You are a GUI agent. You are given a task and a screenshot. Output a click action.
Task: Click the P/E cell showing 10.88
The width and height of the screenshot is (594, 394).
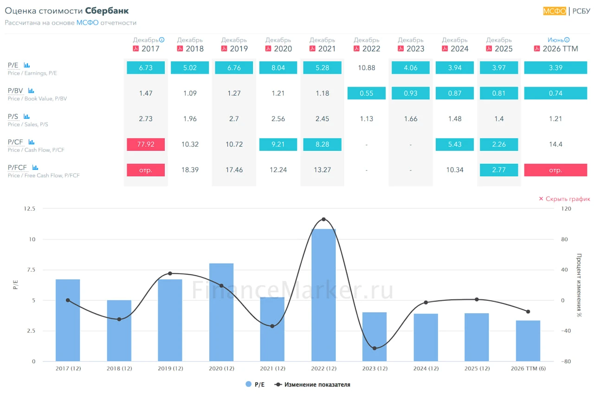(x=366, y=68)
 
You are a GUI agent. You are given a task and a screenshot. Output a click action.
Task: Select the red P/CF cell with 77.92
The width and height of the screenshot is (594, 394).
(x=146, y=144)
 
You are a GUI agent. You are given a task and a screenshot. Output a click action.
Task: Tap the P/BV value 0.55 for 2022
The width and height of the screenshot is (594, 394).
(x=366, y=93)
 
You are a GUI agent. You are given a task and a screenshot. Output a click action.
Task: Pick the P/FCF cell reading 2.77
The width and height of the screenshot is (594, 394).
(x=498, y=170)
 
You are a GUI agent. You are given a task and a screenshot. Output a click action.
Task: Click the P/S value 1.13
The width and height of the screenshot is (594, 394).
(x=366, y=119)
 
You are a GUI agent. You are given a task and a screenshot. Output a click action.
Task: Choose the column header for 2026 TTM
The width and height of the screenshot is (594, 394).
(x=560, y=49)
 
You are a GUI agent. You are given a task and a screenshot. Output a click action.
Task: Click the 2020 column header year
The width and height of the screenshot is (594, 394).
(x=283, y=49)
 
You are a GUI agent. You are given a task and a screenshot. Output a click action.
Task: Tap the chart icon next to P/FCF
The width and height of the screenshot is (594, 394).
(x=35, y=168)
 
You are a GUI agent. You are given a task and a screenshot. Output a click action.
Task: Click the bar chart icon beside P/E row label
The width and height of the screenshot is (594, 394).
(x=26, y=65)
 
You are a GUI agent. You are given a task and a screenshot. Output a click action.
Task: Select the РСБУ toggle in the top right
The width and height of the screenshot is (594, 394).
(x=581, y=11)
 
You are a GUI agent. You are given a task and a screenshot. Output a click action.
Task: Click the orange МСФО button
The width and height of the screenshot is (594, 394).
(x=555, y=11)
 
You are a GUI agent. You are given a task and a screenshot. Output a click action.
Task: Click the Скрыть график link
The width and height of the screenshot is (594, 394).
(x=565, y=199)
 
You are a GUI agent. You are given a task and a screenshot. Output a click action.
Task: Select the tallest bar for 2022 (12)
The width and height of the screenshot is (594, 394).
(x=323, y=295)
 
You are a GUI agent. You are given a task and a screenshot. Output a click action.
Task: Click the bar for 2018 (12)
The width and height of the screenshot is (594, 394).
(x=119, y=330)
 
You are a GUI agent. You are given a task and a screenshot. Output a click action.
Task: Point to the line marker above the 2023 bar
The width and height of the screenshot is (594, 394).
(x=374, y=349)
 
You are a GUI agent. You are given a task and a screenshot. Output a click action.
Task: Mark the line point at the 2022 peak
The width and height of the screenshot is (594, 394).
(x=323, y=219)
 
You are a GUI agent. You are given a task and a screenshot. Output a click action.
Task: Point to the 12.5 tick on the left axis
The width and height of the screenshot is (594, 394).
(x=29, y=209)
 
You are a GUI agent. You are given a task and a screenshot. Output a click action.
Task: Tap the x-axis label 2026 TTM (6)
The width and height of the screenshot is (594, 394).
(x=528, y=368)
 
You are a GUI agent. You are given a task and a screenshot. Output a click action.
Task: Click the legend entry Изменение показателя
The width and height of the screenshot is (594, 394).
(x=312, y=384)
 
